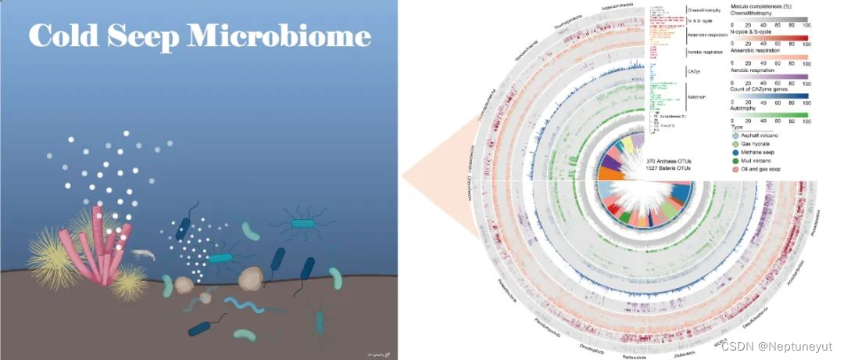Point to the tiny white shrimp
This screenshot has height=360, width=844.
pos(141,254)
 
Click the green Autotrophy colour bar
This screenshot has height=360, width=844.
pos(769,115)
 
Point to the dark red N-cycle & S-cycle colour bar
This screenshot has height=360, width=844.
pos(769,37)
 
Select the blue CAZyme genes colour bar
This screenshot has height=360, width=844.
pos(769,95)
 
